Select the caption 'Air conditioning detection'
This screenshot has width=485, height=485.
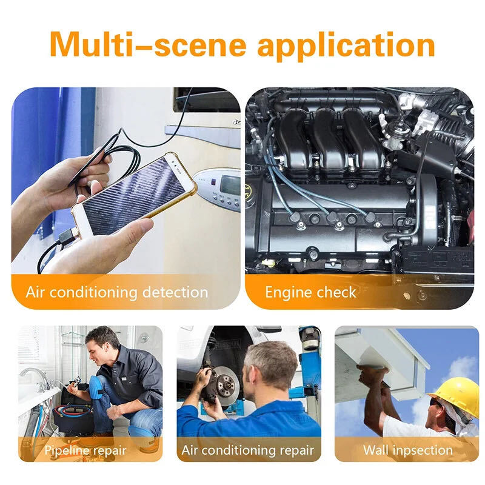click(116, 292)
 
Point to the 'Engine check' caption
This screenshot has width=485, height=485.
click(310, 292)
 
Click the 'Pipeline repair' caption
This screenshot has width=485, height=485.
click(85, 450)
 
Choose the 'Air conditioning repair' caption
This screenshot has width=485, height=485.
click(247, 450)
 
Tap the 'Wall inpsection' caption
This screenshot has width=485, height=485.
click(407, 450)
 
